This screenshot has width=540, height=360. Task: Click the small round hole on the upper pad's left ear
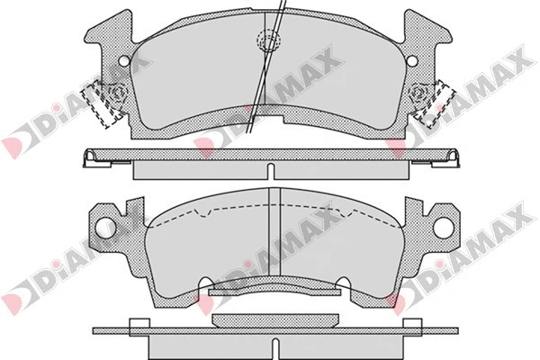point(124,60)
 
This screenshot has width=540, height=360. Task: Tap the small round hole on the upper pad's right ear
point(412,60)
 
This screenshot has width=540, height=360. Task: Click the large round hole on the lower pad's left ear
point(104,226)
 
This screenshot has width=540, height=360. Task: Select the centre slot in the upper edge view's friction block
point(270,170)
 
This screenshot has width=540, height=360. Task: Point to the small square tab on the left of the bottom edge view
point(138,326)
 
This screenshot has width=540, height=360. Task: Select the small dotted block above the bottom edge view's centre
point(270,319)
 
